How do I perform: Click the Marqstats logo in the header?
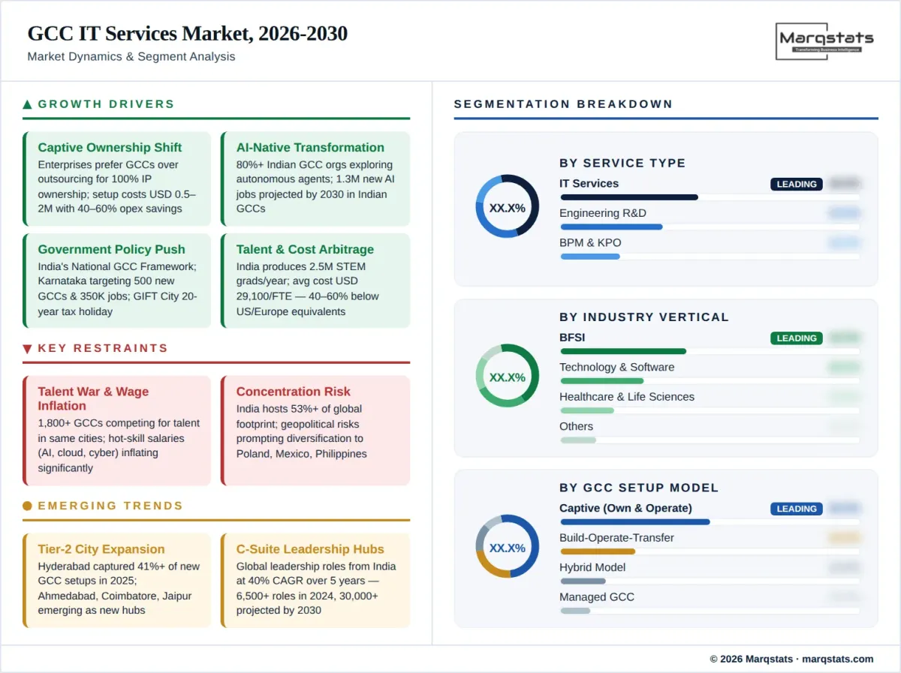pyautogui.click(x=824, y=41)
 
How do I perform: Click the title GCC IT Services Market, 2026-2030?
pyautogui.click(x=187, y=34)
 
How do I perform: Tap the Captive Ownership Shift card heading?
pyautogui.click(x=110, y=148)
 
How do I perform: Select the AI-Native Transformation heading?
pyautogui.click(x=310, y=148)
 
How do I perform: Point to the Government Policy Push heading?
pyautogui.click(x=111, y=250)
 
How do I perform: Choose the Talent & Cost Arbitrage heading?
pyautogui.click(x=305, y=250)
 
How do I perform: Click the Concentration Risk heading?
pyautogui.click(x=293, y=392)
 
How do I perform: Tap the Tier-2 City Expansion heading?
pyautogui.click(x=101, y=549)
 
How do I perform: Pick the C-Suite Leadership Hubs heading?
pyautogui.click(x=310, y=549)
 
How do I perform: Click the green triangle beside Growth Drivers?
pyautogui.click(x=28, y=104)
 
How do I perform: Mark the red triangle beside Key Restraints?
pyautogui.click(x=28, y=349)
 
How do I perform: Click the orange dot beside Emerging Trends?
pyautogui.click(x=28, y=506)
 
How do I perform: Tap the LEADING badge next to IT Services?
pyautogui.click(x=796, y=185)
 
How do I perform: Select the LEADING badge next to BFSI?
pyautogui.click(x=796, y=338)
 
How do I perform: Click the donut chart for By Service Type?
pyautogui.click(x=507, y=206)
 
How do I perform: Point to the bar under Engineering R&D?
pyautogui.click(x=611, y=227)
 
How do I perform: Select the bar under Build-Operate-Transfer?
pyautogui.click(x=598, y=551)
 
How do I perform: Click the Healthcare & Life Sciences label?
pyautogui.click(x=627, y=397)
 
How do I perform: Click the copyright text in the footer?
pyautogui.click(x=791, y=659)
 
